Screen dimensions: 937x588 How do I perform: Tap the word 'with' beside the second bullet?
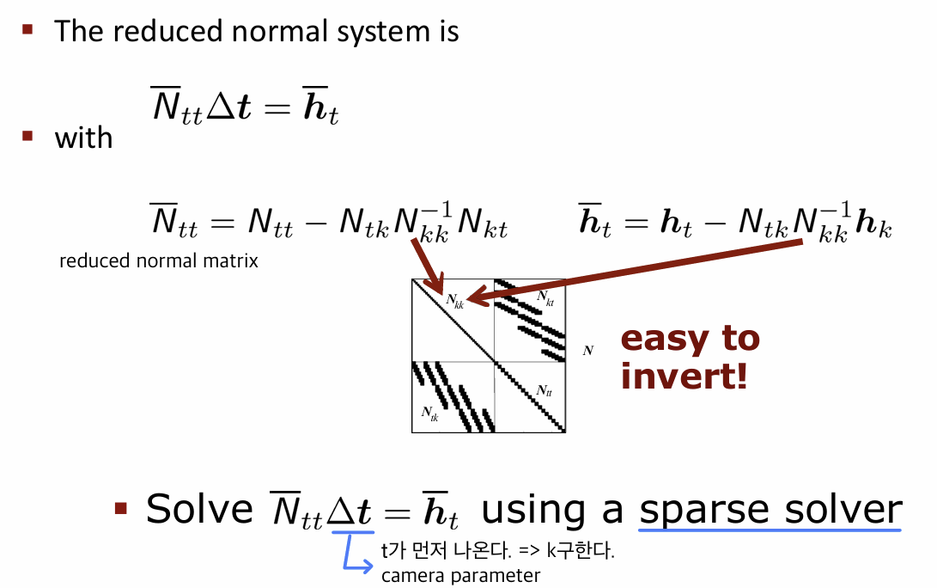tap(83, 138)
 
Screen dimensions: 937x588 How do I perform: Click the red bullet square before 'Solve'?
tap(121, 508)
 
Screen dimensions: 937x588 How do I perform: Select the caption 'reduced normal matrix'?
tap(159, 260)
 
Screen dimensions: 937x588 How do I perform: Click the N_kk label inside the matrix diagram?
tap(454, 301)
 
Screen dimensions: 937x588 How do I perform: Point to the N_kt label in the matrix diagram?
tap(545, 298)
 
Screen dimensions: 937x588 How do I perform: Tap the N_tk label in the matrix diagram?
tap(429, 413)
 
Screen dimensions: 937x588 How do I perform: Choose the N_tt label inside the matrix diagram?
tap(544, 390)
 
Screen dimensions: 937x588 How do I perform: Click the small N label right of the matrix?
tap(588, 351)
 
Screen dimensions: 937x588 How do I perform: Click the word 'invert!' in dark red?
tap(684, 377)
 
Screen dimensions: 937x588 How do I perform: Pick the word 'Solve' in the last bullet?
tap(199, 509)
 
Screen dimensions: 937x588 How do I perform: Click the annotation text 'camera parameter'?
tap(460, 575)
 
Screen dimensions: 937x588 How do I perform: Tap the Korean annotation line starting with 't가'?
tap(498, 549)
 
